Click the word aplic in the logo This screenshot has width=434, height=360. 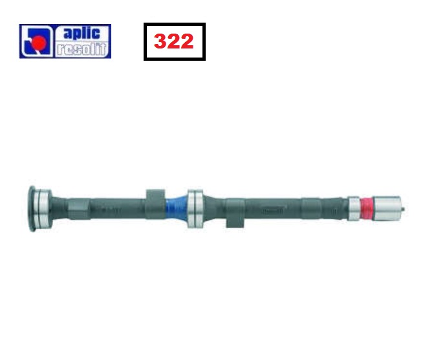(x=82, y=34)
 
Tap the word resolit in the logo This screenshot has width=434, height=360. (x=81, y=49)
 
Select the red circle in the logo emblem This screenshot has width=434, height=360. (x=39, y=42)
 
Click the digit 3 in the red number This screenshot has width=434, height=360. (x=160, y=41)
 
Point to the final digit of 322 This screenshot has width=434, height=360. (x=187, y=41)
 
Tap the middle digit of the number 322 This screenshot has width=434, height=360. (x=173, y=41)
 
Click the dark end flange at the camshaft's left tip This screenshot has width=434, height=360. (x=32, y=209)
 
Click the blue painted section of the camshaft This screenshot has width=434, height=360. (x=177, y=208)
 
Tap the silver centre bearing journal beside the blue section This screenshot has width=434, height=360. (x=195, y=209)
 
